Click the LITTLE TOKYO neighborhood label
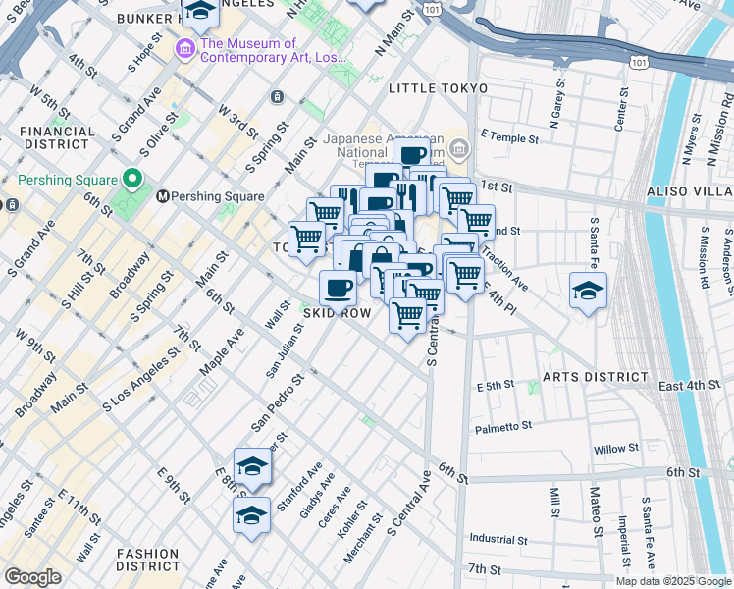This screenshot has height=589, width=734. click(x=438, y=88)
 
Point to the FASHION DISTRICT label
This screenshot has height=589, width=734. click(x=147, y=559)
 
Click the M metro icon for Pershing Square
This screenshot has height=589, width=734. click(x=163, y=196)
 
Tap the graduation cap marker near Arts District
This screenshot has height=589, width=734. click(x=588, y=290)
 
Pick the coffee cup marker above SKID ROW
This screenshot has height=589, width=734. click(x=338, y=288)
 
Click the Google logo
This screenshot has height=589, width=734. click(x=33, y=577)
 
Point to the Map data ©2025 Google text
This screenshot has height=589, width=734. click(x=672, y=581)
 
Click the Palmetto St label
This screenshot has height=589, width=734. click(x=502, y=426)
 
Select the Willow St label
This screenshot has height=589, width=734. click(x=615, y=450)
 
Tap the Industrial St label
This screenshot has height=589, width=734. click(x=498, y=539)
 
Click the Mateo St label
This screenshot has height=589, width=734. click(x=596, y=510)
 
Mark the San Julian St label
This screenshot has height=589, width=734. click(x=282, y=349)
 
